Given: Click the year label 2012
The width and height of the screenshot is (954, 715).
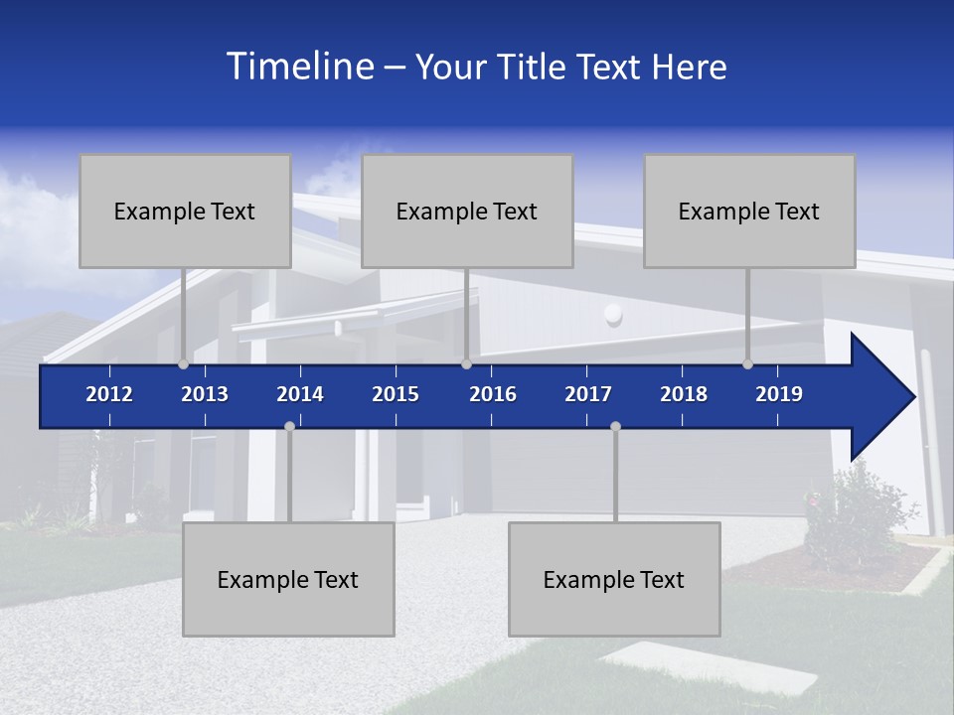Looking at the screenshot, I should [109, 394].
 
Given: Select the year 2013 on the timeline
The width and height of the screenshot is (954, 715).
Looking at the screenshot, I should [205, 394].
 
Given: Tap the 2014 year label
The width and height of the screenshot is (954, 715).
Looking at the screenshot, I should [300, 394].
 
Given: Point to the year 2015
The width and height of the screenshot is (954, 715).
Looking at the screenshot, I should [396, 394].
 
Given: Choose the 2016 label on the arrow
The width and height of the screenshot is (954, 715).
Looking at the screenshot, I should [493, 394].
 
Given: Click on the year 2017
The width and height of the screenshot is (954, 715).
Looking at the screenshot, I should [588, 394].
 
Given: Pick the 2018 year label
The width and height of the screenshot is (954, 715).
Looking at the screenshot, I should [684, 394].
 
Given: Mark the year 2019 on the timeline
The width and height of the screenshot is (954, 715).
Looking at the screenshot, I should [779, 394].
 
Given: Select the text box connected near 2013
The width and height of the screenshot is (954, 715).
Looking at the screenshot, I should [185, 211].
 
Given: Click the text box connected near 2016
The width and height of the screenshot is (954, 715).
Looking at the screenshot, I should [467, 211].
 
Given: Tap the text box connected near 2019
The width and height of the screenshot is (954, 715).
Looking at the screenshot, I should [749, 211].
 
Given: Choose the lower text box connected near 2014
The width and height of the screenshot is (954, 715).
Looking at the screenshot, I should [288, 579].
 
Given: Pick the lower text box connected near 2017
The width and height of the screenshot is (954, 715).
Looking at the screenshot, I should [614, 579].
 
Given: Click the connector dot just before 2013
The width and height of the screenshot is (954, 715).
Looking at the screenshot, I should [183, 364].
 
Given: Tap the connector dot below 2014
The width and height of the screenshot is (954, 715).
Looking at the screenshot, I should [289, 426].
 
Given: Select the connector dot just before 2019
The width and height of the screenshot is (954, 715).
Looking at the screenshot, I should [747, 364].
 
